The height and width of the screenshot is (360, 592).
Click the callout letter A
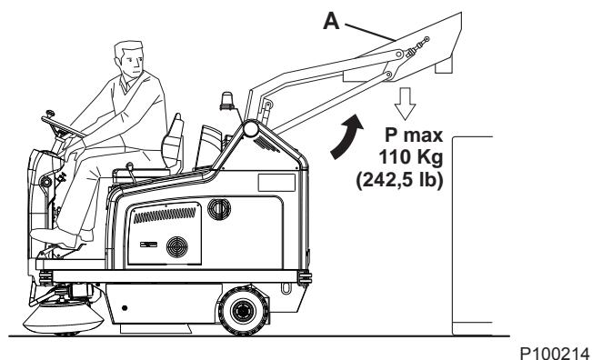click(331, 21)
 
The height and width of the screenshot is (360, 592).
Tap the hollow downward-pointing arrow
click(405, 104)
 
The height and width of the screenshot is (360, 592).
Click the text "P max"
click(414, 135)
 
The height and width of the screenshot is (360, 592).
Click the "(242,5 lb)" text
click(399, 180)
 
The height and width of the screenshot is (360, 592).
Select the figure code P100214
click(554, 354)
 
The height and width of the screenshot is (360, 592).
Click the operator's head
click(129, 58)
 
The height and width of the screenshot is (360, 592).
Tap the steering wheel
click(64, 126)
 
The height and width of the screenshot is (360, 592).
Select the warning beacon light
click(226, 101)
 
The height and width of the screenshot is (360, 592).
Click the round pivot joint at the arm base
click(251, 129)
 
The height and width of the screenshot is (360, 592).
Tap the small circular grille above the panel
click(219, 209)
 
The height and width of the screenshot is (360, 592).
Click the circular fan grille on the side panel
click(177, 246)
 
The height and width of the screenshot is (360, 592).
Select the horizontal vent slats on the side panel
click(165, 215)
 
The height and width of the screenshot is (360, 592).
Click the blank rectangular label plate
click(276, 182)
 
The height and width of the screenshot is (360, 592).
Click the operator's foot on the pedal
click(55, 236)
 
